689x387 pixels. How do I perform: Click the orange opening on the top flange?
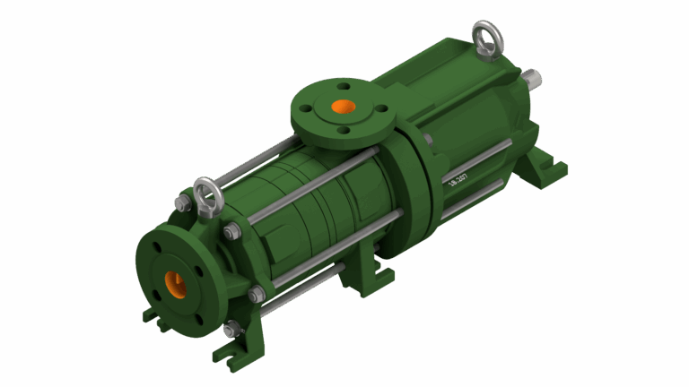(343, 107)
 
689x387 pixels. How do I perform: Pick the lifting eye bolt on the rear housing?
(488, 39)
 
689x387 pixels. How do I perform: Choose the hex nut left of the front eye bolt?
(183, 205)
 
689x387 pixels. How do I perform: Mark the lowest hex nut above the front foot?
(232, 331)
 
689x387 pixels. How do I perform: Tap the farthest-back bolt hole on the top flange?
(341, 87)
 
